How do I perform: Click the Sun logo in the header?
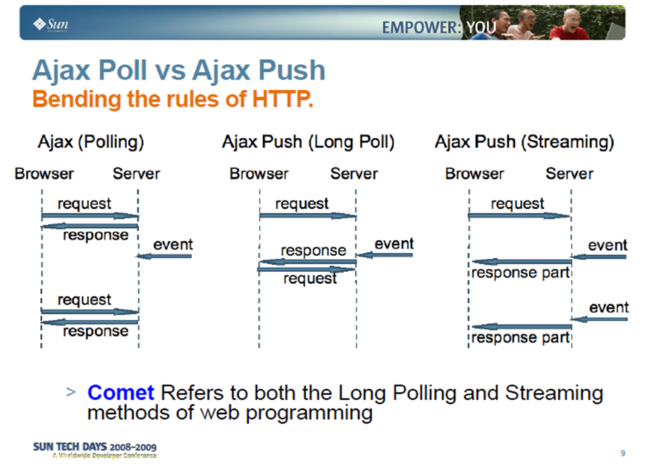pos(50,25)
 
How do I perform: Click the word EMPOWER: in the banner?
pos(421,27)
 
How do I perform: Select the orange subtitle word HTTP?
pos(283,99)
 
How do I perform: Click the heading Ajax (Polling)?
pos(91,142)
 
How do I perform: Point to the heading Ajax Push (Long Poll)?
pos(308,142)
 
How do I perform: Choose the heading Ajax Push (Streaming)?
pos(524,142)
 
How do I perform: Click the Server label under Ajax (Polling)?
pos(136,174)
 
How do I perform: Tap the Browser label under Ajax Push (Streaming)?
pos(474,174)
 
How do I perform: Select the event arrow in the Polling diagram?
pos(164,256)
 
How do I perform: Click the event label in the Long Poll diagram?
pos(394,244)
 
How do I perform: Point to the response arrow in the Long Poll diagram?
pos(308,261)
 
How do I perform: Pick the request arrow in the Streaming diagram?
pos(519,216)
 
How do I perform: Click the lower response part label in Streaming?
pos(520,338)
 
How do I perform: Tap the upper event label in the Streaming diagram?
pos(608,245)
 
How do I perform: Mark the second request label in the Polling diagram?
pos(84,300)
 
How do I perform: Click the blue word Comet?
pos(121,392)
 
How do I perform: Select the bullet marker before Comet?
pos(70,392)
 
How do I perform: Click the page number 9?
pos(622,453)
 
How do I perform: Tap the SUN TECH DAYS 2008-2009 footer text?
pos(94,447)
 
